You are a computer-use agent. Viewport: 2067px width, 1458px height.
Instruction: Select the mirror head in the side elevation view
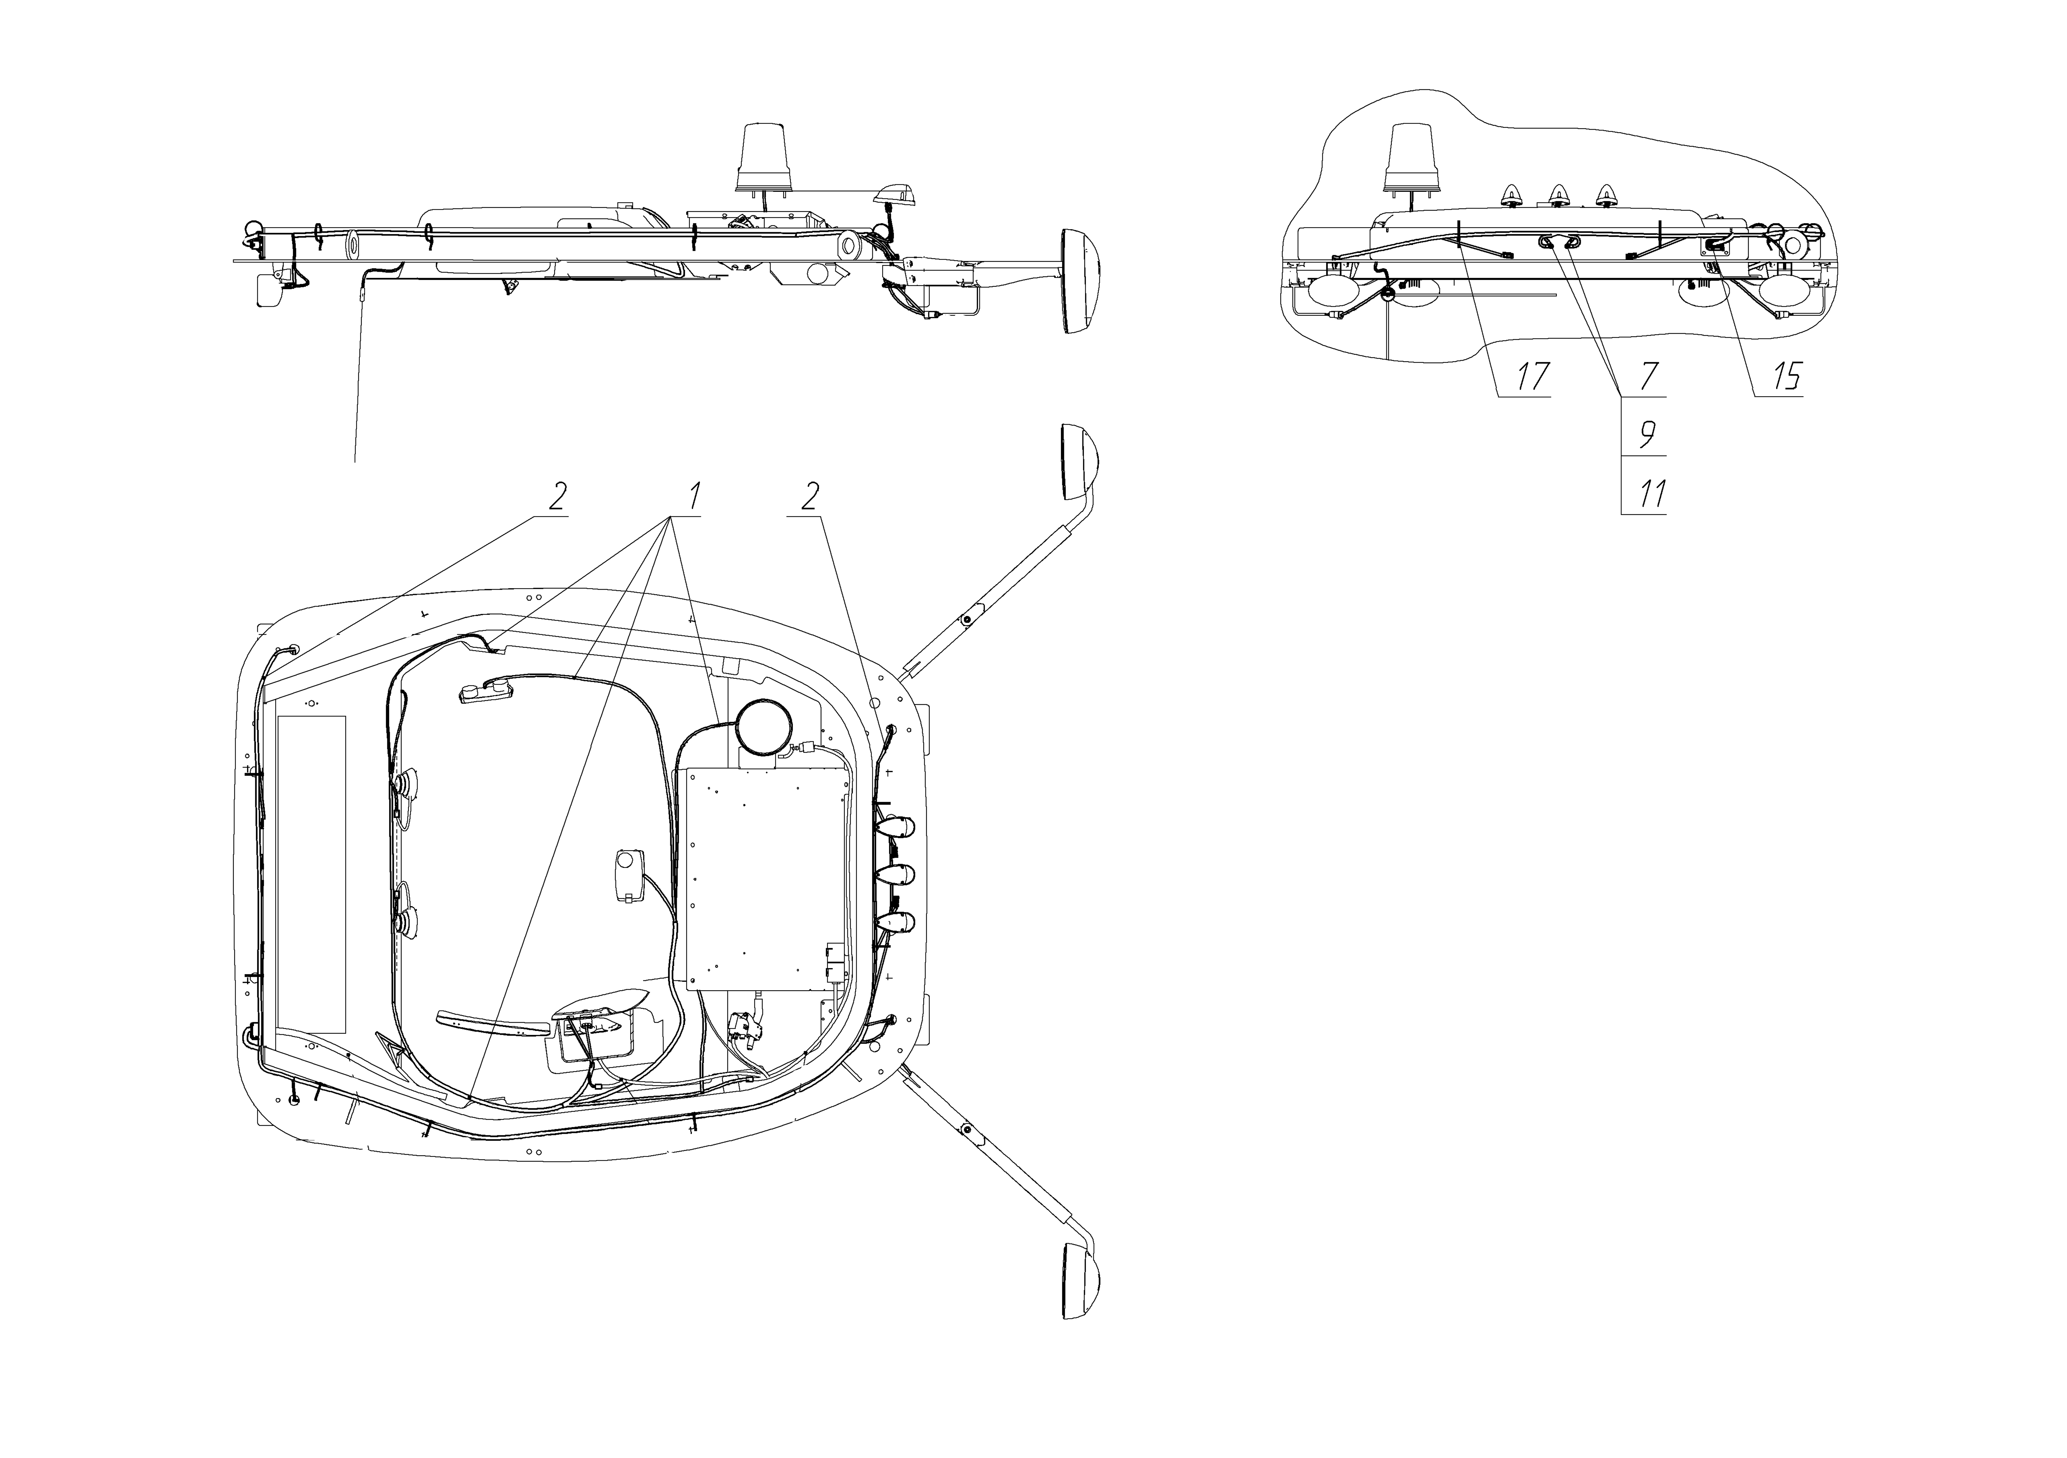tap(1080, 282)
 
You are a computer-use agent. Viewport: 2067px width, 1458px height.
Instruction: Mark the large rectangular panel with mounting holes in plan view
tap(767, 878)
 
